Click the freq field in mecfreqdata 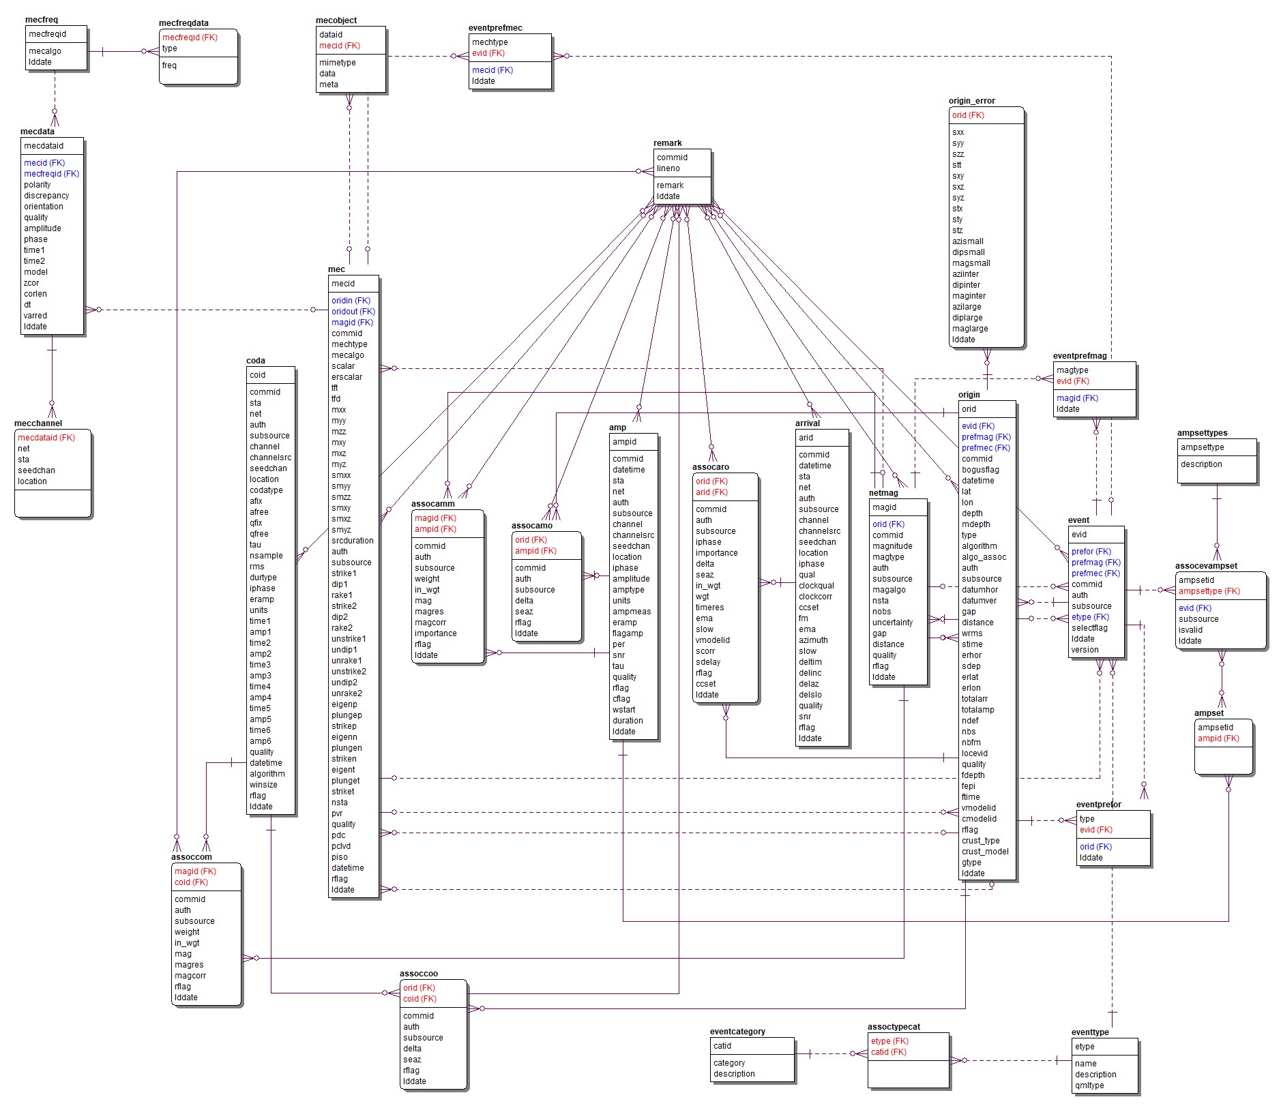tap(169, 65)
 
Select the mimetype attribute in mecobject tap(337, 63)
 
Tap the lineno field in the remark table tap(668, 168)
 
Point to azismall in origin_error tap(967, 241)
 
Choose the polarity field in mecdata tap(37, 185)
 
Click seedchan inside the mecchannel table tap(36, 470)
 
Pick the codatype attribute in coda tap(265, 490)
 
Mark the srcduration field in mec tap(352, 541)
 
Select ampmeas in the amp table tap(631, 612)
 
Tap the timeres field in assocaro tap(709, 608)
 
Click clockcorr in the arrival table tap(815, 597)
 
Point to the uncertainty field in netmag tap(892, 623)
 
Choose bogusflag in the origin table tap(980, 470)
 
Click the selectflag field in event tap(1089, 628)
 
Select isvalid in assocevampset tap(1190, 630)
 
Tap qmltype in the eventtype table tap(1089, 1085)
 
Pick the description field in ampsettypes tap(1201, 464)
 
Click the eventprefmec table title tap(495, 28)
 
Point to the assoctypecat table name tap(894, 1027)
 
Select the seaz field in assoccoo tap(411, 1060)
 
